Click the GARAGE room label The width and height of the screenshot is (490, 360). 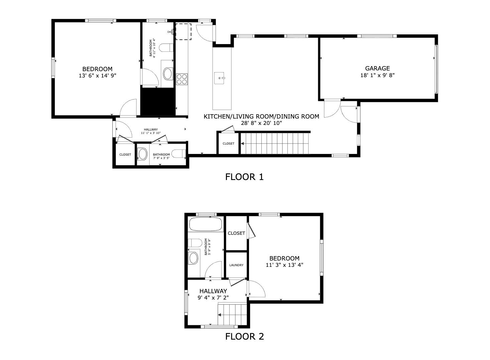[377, 68]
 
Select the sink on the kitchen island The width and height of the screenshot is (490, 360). [220, 78]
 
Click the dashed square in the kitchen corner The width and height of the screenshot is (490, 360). [183, 32]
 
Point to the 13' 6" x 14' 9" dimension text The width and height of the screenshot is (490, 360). [97, 76]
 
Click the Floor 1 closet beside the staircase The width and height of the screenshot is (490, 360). [228, 144]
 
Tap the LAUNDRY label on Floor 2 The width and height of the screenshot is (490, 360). [236, 265]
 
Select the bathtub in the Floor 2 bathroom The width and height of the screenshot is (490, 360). [206, 224]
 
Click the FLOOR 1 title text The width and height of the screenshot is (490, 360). [244, 177]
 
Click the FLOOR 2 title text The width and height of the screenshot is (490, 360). [244, 337]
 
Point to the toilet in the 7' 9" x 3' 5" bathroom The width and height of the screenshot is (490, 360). [180, 154]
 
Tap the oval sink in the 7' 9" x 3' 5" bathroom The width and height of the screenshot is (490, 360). [143, 155]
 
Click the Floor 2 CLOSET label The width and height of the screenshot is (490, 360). [236, 233]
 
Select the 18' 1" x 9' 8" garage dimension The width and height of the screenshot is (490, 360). [377, 75]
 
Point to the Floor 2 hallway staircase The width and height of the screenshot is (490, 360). [233, 314]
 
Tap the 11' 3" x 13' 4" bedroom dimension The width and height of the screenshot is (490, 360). [284, 265]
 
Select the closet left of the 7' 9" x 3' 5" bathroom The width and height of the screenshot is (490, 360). [125, 155]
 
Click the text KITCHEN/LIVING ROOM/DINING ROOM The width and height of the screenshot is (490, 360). [261, 117]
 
